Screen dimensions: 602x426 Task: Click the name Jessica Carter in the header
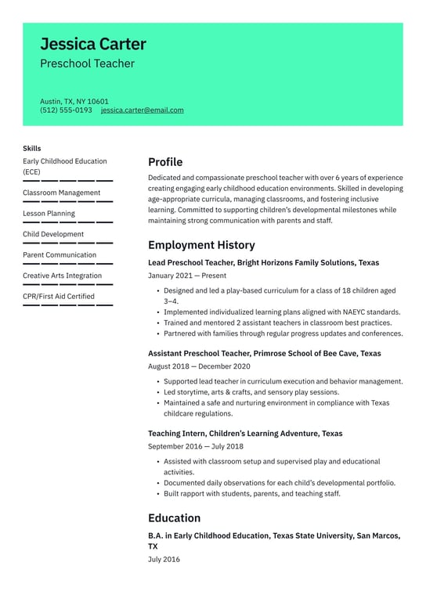pyautogui.click(x=92, y=44)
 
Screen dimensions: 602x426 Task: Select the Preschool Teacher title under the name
pyautogui.click(x=87, y=63)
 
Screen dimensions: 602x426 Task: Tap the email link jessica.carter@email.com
pyautogui.click(x=142, y=110)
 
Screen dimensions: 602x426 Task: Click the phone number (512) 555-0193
pyautogui.click(x=66, y=110)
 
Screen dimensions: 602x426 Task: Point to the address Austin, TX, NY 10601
pyautogui.click(x=74, y=101)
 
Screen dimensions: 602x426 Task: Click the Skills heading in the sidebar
pyautogui.click(x=32, y=148)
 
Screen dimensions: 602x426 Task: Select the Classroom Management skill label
pyautogui.click(x=61, y=193)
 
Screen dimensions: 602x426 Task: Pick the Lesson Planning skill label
pyautogui.click(x=49, y=213)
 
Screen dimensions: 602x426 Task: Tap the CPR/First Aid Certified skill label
pyautogui.click(x=59, y=296)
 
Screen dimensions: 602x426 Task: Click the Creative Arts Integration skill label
pyautogui.click(x=62, y=276)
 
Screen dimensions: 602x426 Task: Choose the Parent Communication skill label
pyautogui.click(x=60, y=254)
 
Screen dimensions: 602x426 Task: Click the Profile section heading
pyautogui.click(x=165, y=162)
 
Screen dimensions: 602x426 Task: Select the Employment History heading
pyautogui.click(x=201, y=245)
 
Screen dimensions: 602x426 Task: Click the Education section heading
pyautogui.click(x=174, y=518)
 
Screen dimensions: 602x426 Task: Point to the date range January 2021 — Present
pyautogui.click(x=187, y=276)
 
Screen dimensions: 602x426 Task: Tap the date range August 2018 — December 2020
pyautogui.click(x=199, y=366)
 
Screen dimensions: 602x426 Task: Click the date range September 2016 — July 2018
pyautogui.click(x=196, y=446)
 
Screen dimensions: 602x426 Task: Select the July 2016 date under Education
pyautogui.click(x=164, y=560)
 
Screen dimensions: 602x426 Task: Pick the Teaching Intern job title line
pyautogui.click(x=245, y=433)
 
